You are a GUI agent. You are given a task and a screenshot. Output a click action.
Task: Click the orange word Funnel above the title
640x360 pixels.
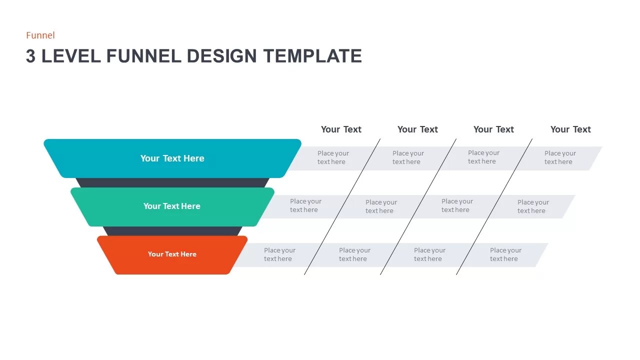point(40,35)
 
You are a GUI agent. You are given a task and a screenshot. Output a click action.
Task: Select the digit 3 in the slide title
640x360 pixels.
point(31,56)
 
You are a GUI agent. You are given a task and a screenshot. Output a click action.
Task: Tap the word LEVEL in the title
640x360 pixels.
point(70,56)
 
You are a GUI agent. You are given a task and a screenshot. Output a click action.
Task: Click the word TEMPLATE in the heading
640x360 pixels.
point(312,56)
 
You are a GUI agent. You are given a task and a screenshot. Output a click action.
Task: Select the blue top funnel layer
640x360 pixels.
point(172,158)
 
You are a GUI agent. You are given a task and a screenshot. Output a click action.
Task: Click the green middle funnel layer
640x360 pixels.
point(172,206)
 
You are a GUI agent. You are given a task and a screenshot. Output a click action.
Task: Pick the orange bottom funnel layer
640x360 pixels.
point(172,254)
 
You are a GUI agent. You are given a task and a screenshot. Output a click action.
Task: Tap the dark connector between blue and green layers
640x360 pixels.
point(172,183)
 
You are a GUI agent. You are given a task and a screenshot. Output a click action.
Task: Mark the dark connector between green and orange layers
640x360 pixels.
point(172,231)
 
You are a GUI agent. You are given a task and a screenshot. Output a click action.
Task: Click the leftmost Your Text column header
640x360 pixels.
point(341,129)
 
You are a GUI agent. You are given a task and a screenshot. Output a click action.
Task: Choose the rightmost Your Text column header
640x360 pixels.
point(570,129)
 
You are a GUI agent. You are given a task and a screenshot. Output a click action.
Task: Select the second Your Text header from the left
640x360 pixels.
point(417,129)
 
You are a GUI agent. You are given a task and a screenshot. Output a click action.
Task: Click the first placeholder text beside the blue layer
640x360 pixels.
point(333,157)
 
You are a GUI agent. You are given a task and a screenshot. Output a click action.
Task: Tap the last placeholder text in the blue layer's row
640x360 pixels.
point(560,157)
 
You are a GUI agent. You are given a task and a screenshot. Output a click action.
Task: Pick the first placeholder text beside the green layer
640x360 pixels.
point(305,205)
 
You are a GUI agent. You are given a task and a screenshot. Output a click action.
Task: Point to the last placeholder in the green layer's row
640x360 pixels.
point(533,206)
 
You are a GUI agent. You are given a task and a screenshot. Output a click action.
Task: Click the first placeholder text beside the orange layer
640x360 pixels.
point(279,254)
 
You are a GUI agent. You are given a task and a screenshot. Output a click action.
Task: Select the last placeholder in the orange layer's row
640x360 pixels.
point(505,254)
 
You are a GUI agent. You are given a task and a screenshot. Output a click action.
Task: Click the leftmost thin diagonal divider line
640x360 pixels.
point(342,206)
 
